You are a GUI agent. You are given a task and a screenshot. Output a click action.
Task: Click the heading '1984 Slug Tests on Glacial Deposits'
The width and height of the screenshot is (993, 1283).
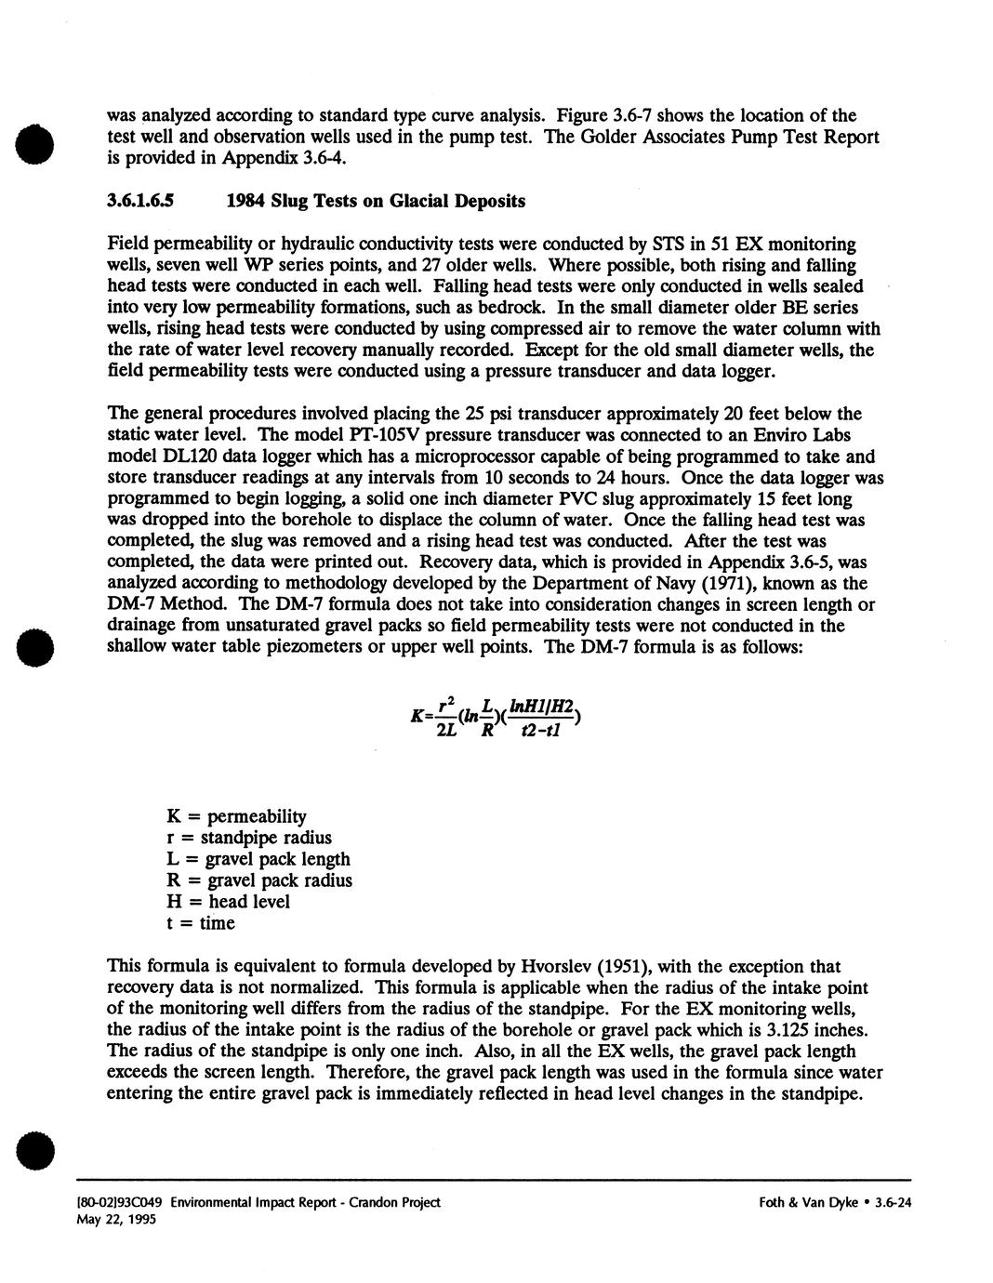376,201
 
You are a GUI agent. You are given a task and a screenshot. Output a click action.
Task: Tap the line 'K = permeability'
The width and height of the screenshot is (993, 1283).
236,816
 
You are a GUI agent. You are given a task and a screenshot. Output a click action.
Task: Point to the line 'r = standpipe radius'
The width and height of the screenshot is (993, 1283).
248,838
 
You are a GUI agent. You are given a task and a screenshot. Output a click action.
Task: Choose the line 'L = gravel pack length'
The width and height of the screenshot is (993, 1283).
258,859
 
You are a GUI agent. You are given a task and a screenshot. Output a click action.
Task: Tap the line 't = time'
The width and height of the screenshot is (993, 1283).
201,923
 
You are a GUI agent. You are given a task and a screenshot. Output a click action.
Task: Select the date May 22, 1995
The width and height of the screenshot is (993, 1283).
115,1219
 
